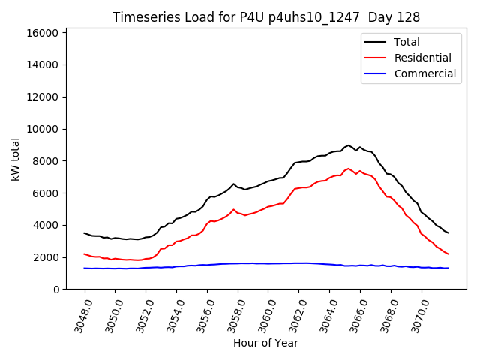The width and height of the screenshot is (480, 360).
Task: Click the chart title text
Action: [266, 16]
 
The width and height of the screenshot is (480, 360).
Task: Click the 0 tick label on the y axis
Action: [56, 289]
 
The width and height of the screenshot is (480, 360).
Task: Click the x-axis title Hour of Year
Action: [265, 343]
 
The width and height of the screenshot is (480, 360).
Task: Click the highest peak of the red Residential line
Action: [349, 169]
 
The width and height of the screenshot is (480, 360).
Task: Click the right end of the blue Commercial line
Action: [448, 268]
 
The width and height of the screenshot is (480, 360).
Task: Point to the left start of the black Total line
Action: [84, 232]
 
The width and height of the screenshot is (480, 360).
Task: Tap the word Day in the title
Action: [381, 16]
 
